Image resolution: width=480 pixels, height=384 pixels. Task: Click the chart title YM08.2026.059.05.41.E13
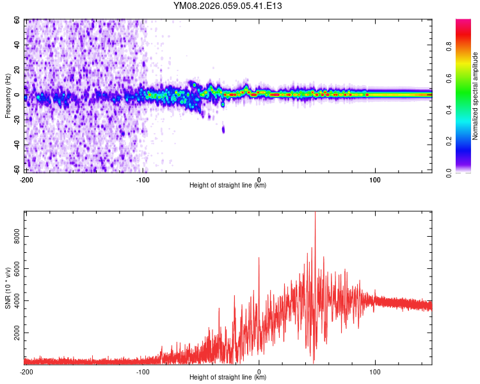(x=228, y=6)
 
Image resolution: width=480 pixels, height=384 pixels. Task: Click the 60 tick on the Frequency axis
(x=17, y=20)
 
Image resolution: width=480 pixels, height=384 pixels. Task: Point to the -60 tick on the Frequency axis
(x=16, y=169)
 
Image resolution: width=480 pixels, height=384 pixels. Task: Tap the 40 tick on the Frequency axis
(x=17, y=45)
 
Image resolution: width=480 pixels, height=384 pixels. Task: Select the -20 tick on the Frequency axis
(x=16, y=120)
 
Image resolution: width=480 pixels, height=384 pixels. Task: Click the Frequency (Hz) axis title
(x=7, y=95)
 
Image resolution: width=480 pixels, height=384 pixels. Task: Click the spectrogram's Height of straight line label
(x=228, y=185)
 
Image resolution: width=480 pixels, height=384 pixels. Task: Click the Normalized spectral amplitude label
(x=476, y=96)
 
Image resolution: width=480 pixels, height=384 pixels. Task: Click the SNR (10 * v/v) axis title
(x=7, y=288)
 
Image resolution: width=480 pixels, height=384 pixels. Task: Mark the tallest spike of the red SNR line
(x=315, y=213)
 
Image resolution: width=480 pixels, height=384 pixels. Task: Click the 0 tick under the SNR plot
(x=259, y=371)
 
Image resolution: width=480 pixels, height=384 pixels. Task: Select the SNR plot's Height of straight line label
(x=228, y=378)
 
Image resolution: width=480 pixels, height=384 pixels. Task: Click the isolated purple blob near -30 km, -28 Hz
(x=223, y=129)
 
